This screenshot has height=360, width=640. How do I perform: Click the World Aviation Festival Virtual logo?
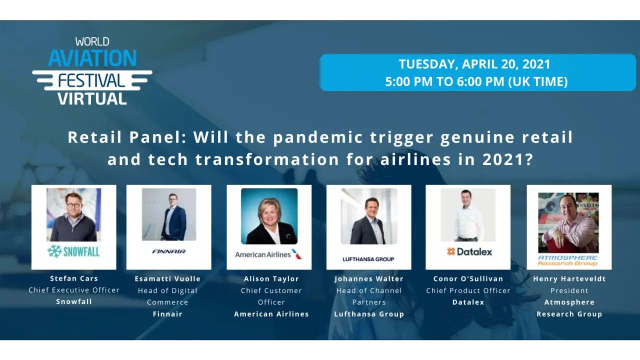click(x=92, y=71)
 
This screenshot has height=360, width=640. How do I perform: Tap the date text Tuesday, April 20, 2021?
click(x=474, y=64)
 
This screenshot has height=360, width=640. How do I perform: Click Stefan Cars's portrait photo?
click(x=74, y=214)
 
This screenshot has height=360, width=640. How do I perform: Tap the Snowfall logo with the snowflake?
click(x=73, y=251)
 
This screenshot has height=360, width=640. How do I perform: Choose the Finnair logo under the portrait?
click(x=168, y=251)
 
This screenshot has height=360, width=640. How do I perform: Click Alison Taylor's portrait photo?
click(x=269, y=216)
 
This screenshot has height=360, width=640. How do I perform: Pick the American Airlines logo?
click(x=268, y=254)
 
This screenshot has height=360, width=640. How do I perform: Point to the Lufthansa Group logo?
click(x=368, y=259)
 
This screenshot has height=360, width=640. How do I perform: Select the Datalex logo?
click(x=469, y=251)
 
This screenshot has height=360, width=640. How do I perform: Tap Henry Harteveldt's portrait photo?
click(x=568, y=222)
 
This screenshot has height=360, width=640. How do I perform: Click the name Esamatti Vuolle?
click(x=167, y=279)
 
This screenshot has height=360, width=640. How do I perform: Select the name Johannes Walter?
click(x=369, y=279)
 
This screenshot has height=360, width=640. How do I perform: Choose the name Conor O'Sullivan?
click(x=468, y=279)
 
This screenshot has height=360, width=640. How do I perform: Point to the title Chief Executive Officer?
click(x=74, y=290)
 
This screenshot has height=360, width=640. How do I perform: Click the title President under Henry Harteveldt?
click(x=569, y=290)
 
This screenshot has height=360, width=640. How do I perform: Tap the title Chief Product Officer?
click(x=468, y=290)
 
